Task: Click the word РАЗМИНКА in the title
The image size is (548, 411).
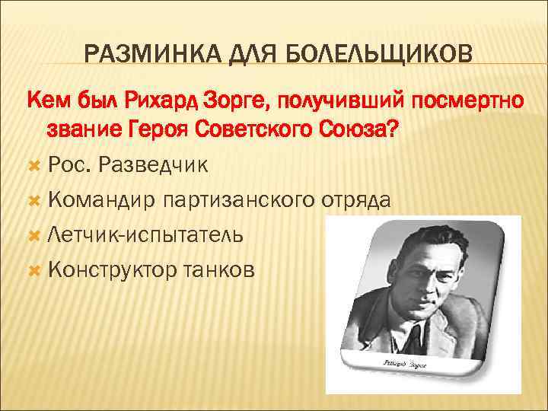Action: click(x=141, y=56)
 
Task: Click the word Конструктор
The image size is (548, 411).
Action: click(x=111, y=270)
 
